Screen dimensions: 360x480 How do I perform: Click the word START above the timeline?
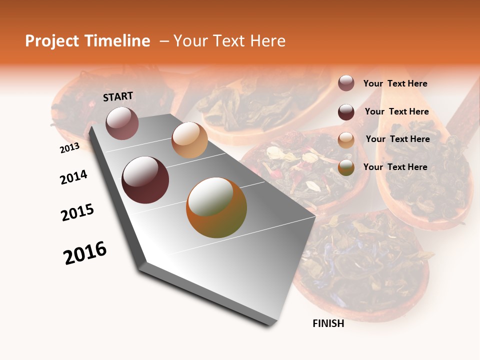click(x=118, y=96)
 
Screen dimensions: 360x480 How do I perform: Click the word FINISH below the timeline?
click(x=328, y=323)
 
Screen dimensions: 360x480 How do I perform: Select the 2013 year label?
click(x=69, y=147)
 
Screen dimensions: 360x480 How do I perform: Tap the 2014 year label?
click(x=73, y=177)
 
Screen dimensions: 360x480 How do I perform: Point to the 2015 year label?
click(x=77, y=212)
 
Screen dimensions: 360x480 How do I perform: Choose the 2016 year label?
click(x=85, y=252)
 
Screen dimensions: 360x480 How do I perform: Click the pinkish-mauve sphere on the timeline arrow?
click(x=122, y=123)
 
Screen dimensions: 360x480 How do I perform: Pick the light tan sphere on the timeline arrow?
click(x=189, y=140)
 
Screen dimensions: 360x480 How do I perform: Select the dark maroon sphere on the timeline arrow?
click(x=145, y=180)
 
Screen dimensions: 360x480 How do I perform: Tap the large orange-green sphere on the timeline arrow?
click(x=216, y=207)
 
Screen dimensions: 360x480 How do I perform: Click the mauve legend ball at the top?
click(x=346, y=83)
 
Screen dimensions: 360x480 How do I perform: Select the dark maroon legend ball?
click(x=346, y=112)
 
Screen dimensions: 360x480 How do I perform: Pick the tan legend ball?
click(x=346, y=139)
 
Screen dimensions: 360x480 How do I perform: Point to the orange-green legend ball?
click(x=346, y=167)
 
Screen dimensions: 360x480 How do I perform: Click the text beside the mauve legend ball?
click(x=395, y=83)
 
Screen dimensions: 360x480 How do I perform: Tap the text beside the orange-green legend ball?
click(x=395, y=167)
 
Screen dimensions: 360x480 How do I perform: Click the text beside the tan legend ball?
click(x=397, y=139)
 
